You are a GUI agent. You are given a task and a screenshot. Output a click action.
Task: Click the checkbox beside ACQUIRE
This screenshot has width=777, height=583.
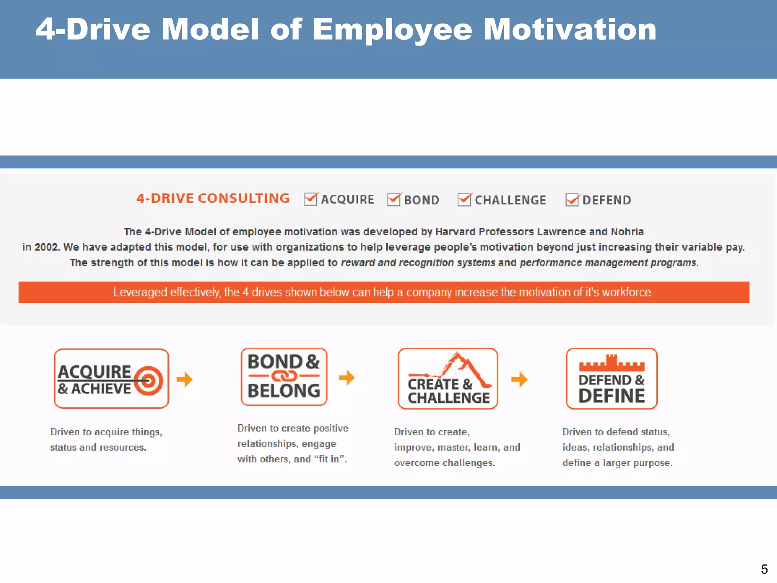point(311,199)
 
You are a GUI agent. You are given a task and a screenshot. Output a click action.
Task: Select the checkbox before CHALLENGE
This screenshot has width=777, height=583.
point(464,200)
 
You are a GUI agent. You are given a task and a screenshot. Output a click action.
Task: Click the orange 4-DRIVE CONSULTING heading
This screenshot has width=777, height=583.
point(213,199)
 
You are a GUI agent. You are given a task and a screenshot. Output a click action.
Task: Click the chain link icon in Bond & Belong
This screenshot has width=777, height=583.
point(284,376)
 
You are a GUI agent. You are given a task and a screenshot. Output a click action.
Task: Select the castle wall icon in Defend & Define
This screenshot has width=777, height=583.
point(611,363)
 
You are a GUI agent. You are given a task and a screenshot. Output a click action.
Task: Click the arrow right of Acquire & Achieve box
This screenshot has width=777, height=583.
point(185,379)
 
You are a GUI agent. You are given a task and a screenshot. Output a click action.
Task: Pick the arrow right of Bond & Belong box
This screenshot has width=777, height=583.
point(347,378)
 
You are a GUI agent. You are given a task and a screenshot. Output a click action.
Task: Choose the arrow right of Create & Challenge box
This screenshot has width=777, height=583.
point(519,379)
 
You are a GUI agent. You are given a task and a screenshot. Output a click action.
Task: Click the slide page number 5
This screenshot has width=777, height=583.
point(764,569)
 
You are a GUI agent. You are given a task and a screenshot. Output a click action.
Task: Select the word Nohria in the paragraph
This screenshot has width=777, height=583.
point(627,232)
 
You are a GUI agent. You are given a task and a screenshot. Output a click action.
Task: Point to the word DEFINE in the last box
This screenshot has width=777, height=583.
point(611,396)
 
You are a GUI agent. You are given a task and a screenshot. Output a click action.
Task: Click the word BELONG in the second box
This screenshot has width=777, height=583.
point(284,391)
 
